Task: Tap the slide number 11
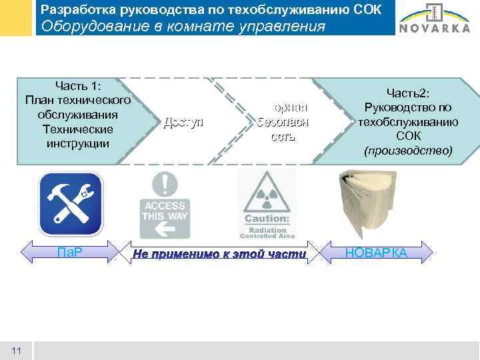tap(17, 351)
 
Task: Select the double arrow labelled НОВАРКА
tap(377, 253)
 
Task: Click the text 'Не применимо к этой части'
tap(219, 254)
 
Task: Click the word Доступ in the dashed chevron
tap(183, 123)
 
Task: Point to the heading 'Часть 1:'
tap(77, 86)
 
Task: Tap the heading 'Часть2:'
tap(408, 94)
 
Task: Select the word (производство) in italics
tap(408, 151)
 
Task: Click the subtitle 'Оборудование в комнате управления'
tap(183, 27)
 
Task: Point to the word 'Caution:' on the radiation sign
tap(266, 219)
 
